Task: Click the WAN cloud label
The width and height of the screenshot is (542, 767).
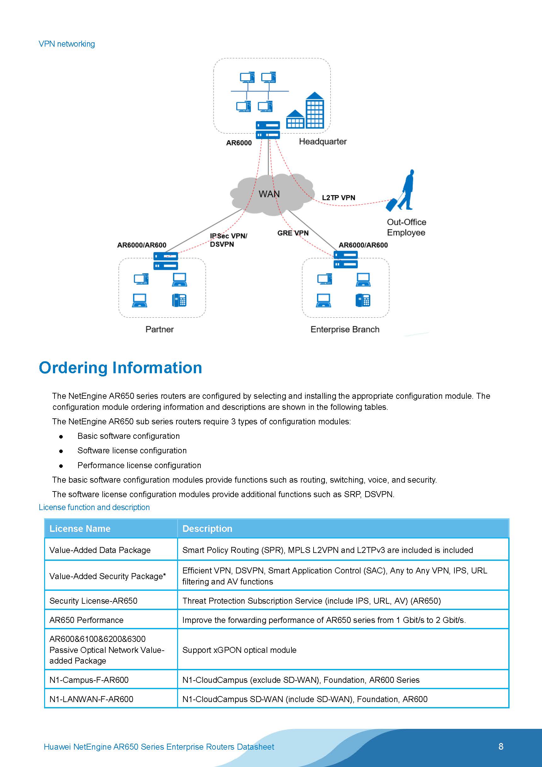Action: tap(269, 194)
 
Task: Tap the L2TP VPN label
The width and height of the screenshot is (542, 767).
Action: tap(338, 197)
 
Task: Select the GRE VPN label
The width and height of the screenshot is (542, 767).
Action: tap(293, 233)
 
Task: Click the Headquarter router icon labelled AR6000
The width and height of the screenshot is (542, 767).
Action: tap(268, 130)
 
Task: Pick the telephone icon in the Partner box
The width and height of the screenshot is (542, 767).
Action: tap(179, 300)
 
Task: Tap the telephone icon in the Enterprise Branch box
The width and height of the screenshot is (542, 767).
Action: tap(363, 300)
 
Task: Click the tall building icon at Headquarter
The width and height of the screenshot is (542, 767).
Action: tap(314, 111)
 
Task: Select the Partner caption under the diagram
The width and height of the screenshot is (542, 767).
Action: tap(159, 329)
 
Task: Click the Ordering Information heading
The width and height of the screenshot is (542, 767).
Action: tap(120, 368)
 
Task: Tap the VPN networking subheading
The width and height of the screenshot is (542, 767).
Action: tap(66, 44)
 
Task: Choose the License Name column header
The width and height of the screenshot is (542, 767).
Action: tap(80, 528)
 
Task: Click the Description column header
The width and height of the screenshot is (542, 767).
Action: tap(207, 528)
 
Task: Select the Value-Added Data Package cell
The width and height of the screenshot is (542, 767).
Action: tap(100, 550)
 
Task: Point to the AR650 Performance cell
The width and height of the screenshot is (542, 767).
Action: tap(86, 620)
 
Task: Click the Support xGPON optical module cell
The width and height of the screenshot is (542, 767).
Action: tap(239, 650)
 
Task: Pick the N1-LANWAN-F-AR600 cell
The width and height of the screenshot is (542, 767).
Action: tap(91, 699)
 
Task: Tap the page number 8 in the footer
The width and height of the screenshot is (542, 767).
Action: tap(501, 746)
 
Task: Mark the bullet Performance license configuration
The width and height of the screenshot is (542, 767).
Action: tap(139, 465)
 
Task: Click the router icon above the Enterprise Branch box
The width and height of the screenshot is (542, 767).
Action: tap(346, 259)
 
